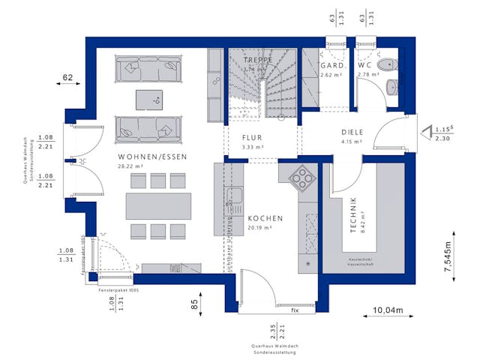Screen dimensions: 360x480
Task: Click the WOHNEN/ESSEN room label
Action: click(152, 157)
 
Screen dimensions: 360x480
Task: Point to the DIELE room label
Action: click(351, 132)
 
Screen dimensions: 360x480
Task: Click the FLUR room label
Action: click(253, 138)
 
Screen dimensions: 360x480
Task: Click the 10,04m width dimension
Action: click(388, 310)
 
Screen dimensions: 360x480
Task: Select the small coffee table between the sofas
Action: click(148, 98)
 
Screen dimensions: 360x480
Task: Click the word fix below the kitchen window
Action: click(295, 310)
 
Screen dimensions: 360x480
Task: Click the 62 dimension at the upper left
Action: click(68, 77)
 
